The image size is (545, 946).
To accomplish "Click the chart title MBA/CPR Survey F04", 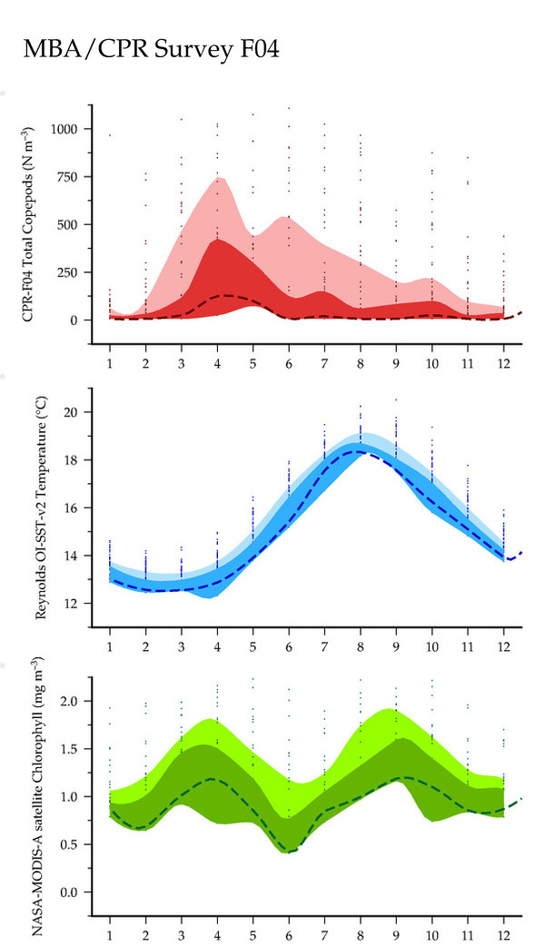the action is (x=151, y=49).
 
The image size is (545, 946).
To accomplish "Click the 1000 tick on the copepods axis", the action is (x=64, y=129).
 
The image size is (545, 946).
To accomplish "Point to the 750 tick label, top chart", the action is (x=67, y=177).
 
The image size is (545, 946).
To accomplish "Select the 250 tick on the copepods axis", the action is (x=67, y=272).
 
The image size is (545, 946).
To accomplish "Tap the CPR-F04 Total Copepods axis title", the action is (x=27, y=224).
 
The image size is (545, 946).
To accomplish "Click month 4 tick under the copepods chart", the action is (x=217, y=364).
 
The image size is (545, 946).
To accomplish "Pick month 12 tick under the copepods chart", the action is (x=503, y=364).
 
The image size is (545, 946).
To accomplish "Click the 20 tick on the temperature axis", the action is (x=71, y=412).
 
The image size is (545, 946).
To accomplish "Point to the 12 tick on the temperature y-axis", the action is (x=71, y=604).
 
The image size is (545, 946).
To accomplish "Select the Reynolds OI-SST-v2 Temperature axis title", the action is (x=41, y=507).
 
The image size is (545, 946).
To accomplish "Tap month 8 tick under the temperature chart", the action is (x=361, y=647).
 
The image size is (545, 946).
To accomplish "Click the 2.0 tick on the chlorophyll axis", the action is (x=69, y=701).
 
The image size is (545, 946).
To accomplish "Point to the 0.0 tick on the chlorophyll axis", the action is (x=69, y=892).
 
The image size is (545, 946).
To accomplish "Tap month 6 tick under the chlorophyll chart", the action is (x=289, y=936).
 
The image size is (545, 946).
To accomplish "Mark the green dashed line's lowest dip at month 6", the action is (x=290, y=852).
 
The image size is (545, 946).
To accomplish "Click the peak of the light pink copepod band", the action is (x=220, y=177).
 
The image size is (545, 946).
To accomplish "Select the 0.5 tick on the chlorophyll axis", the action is (x=69, y=844).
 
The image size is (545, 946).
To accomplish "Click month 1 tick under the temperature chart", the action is (x=110, y=647).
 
